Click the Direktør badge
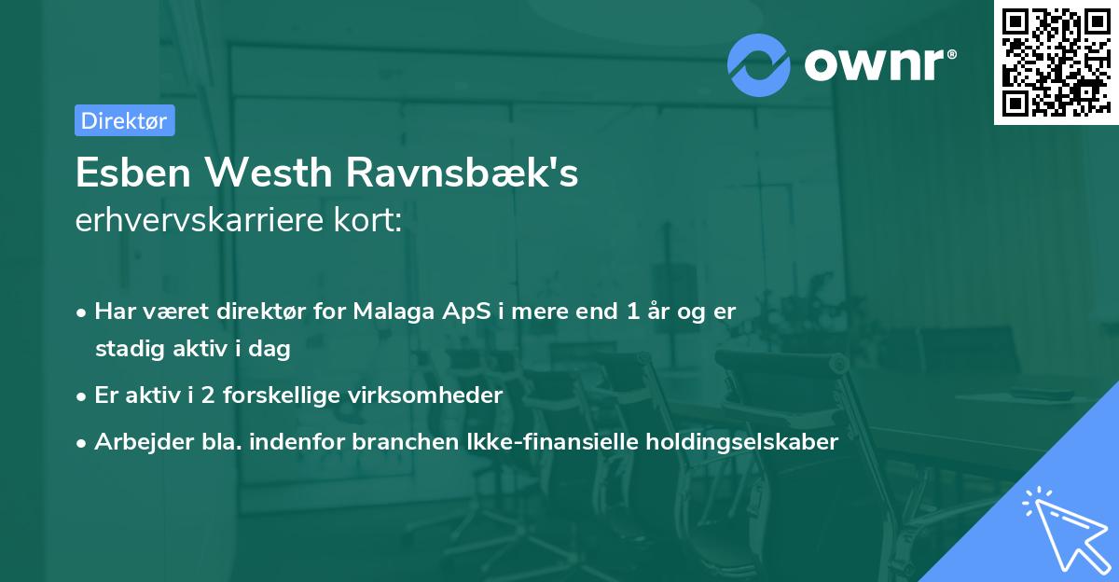tap(124, 120)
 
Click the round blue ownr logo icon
tap(759, 65)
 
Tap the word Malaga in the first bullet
tap(391, 312)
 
